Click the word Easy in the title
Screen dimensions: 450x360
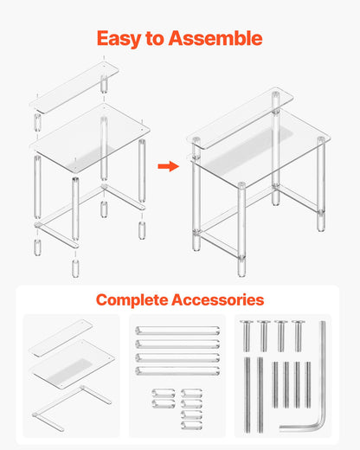[119, 39]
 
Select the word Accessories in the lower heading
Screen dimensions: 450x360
[222, 300]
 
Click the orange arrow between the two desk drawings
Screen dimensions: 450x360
[168, 165]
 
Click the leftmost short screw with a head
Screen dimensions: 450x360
[247, 334]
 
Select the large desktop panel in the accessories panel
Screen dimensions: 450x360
[71, 370]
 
